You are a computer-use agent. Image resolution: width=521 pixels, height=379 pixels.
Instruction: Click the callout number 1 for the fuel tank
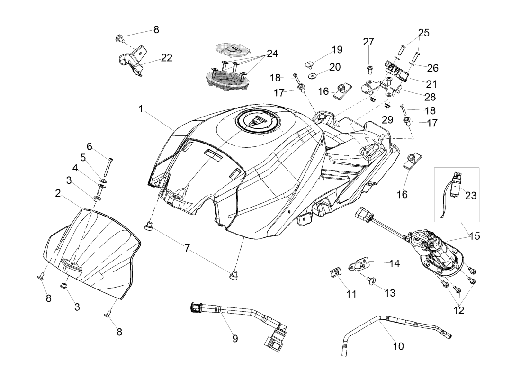(x=141, y=109)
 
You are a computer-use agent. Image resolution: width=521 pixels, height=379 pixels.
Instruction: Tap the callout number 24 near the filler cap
(x=272, y=54)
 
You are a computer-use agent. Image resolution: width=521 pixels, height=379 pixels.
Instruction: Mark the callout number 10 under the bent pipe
(x=398, y=346)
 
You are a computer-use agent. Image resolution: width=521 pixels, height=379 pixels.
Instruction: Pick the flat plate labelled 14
(x=362, y=263)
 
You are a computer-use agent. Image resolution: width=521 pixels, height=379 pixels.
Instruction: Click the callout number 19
(x=337, y=50)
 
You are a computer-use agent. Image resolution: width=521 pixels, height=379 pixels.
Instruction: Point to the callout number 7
(x=188, y=248)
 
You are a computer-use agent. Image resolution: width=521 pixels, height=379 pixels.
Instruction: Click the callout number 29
(x=387, y=120)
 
